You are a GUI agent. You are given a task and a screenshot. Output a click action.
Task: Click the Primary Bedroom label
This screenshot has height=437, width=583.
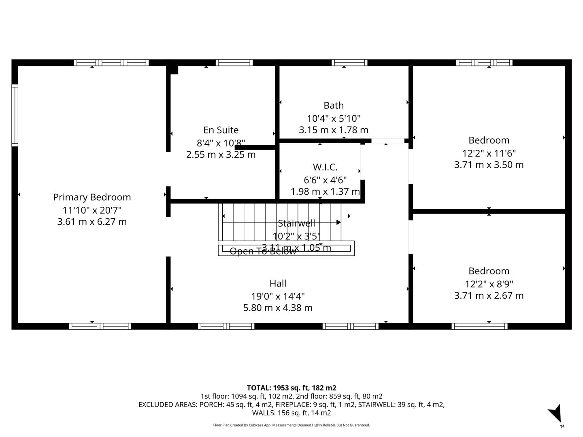click(92, 197)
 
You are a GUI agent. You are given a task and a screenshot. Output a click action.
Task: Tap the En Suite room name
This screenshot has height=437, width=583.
click(221, 130)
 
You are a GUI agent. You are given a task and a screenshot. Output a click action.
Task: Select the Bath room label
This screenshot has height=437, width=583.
click(334, 105)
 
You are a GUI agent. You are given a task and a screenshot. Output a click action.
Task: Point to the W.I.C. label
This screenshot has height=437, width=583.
click(325, 167)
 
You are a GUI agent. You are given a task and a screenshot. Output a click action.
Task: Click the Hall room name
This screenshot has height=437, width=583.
click(278, 283)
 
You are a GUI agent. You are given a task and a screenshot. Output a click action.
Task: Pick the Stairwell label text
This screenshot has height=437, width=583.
click(296, 223)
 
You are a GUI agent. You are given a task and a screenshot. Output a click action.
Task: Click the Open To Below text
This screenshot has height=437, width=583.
click(263, 251)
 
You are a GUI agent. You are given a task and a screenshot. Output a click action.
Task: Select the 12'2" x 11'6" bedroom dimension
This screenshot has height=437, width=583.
click(489, 153)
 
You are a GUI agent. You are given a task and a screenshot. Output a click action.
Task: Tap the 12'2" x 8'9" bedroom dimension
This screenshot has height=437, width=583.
click(489, 284)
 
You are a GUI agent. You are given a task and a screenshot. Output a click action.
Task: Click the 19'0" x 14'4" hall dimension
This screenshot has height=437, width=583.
click(278, 296)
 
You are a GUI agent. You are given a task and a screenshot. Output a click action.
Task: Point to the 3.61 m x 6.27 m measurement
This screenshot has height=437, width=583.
click(92, 222)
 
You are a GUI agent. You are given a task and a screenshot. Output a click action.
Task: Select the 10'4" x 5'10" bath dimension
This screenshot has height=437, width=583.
click(334, 118)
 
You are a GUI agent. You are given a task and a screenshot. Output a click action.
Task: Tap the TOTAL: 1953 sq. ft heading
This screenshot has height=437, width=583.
click(291, 388)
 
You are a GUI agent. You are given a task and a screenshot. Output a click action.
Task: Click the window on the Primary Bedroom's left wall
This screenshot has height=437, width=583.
click(15, 115)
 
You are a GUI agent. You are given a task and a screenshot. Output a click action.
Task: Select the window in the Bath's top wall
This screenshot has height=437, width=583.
click(349, 63)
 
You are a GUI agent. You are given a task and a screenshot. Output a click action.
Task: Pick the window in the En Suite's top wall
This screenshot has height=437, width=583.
click(234, 63)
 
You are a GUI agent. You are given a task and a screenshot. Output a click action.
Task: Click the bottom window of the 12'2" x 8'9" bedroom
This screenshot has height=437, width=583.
click(479, 326)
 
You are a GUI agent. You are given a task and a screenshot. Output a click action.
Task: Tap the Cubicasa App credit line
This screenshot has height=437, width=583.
click(291, 425)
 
